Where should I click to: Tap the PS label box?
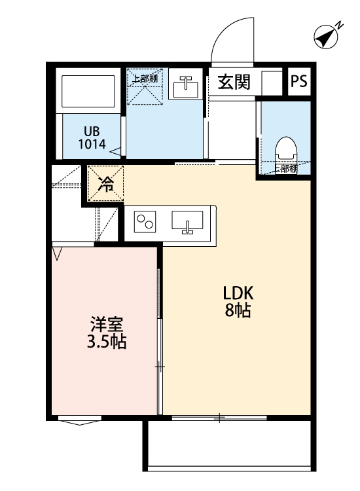pyautogui.click(x=299, y=81)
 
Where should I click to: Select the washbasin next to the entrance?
pyautogui.click(x=186, y=85)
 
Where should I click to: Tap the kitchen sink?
pyautogui.click(x=188, y=222)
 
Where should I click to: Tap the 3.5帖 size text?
pyautogui.click(x=107, y=342)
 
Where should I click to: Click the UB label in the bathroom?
pyautogui.click(x=91, y=130)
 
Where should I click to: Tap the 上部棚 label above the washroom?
pyautogui.click(x=144, y=79)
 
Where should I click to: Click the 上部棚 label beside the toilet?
pyautogui.click(x=285, y=168)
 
